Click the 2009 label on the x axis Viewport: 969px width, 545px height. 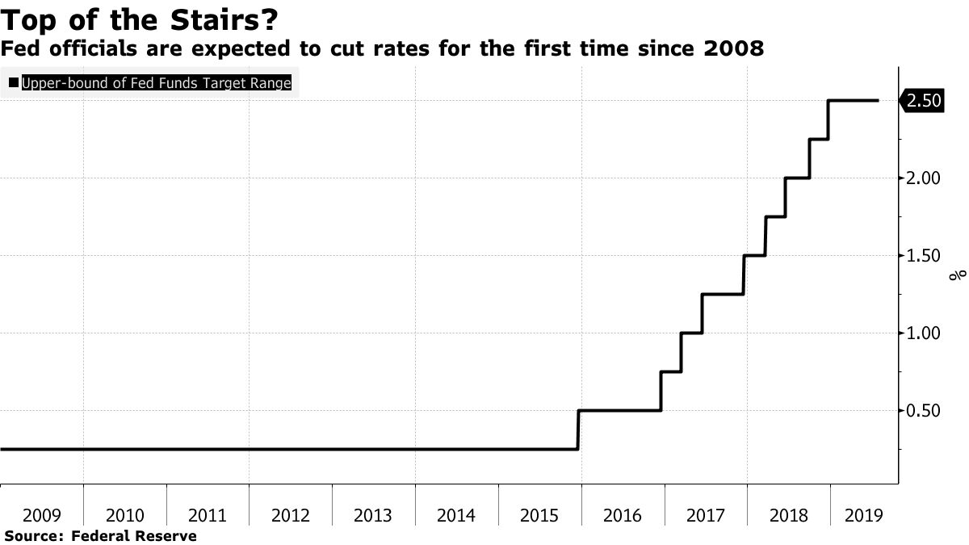(x=41, y=515)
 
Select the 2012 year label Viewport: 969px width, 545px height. (x=290, y=515)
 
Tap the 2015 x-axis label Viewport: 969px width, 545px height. (x=539, y=515)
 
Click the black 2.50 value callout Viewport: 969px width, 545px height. (x=922, y=101)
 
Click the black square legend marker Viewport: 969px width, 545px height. (x=13, y=83)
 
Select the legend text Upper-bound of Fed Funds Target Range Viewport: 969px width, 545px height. (x=156, y=83)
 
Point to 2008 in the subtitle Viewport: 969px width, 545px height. (x=734, y=49)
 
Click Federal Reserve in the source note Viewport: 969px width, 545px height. (x=134, y=535)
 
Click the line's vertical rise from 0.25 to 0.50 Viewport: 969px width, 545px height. (x=578, y=430)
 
